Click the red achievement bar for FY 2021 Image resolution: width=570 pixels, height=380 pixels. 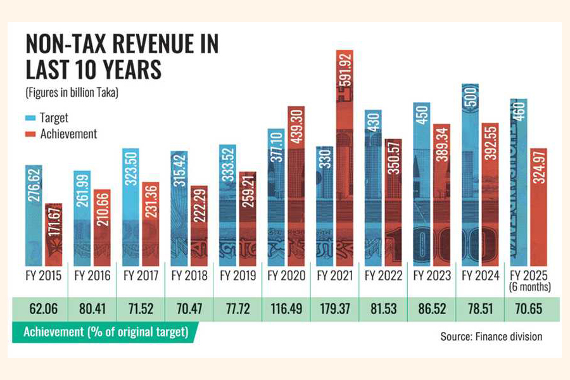click(344, 158)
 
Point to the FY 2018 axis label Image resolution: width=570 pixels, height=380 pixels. click(189, 276)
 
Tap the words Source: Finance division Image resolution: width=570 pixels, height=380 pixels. click(491, 336)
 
